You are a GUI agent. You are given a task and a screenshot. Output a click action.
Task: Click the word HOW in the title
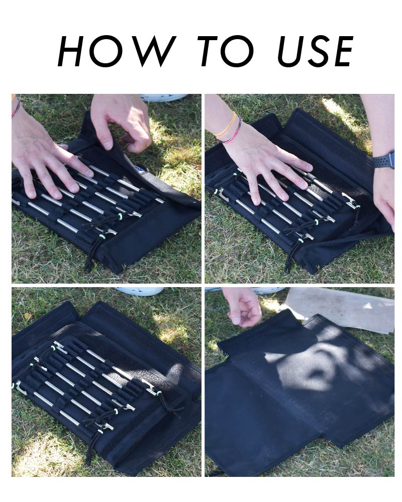tap(117, 51)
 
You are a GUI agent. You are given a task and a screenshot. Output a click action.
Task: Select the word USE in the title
tap(316, 51)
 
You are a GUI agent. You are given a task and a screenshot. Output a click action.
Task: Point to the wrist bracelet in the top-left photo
tap(16, 107)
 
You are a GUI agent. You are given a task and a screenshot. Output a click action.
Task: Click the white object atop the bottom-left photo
tap(140, 291)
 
